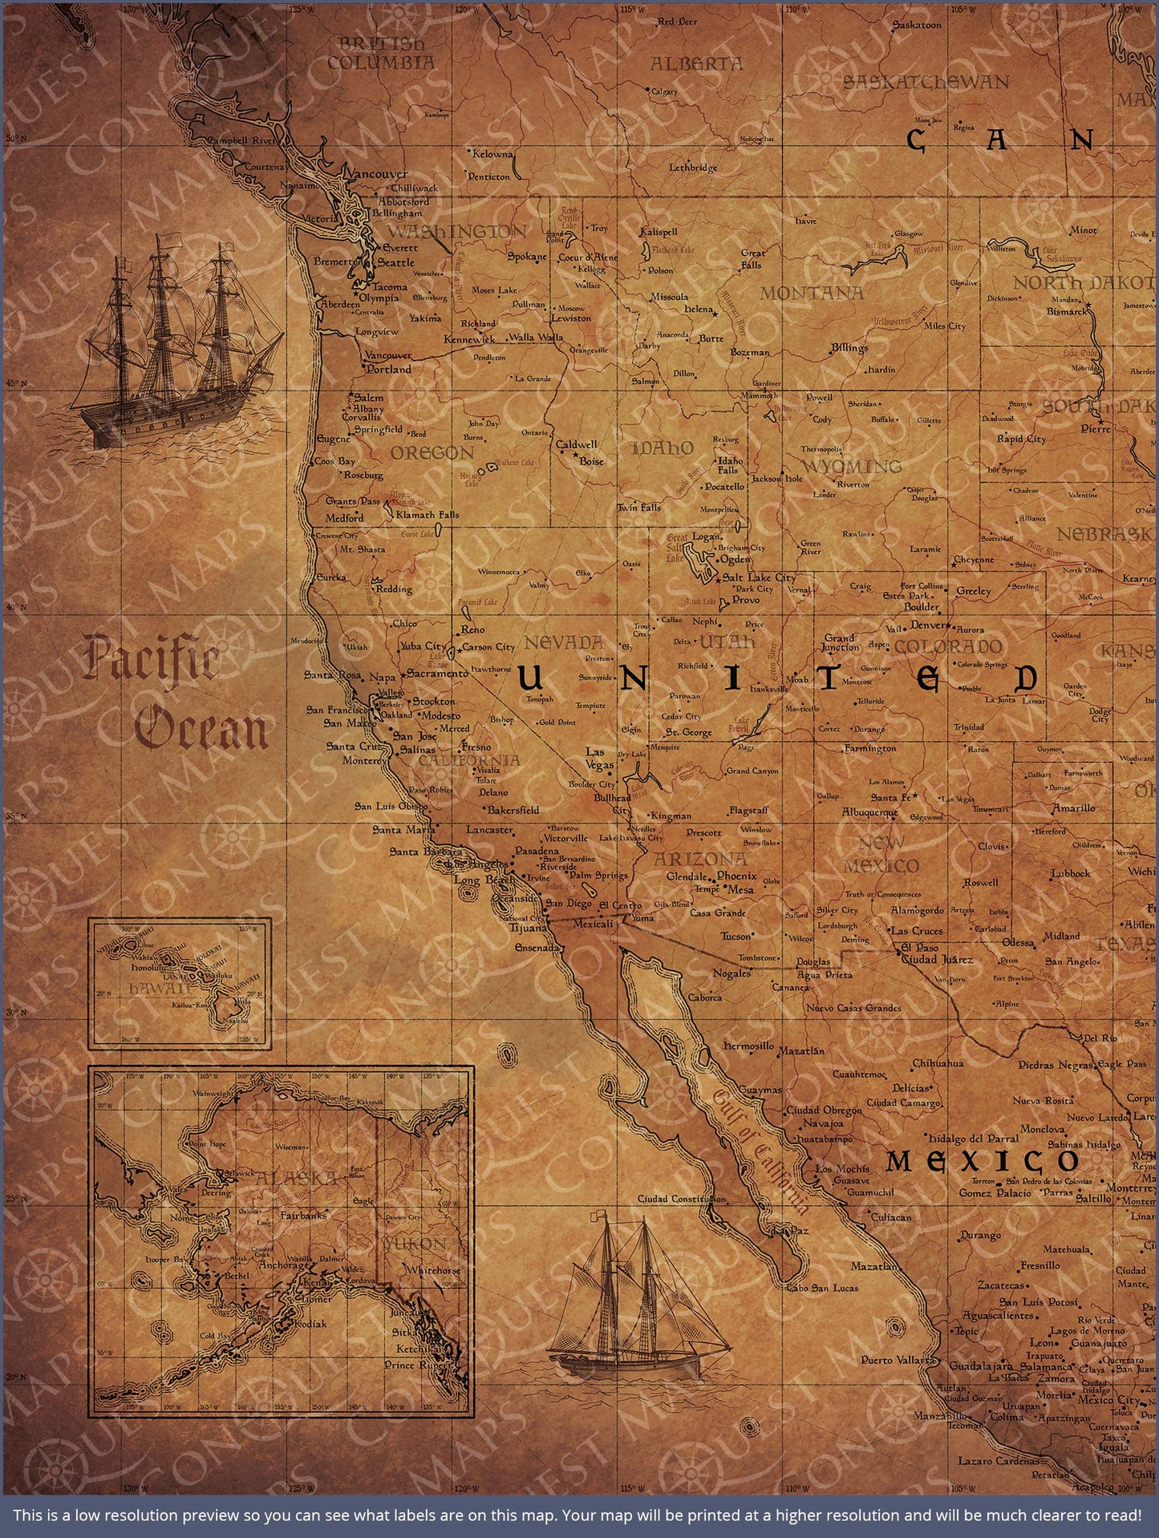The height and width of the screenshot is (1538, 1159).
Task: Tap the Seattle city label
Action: [396, 262]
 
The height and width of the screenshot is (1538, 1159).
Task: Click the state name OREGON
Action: [432, 453]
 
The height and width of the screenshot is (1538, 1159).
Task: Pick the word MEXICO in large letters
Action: [983, 1160]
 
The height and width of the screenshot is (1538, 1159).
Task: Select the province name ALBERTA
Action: [696, 64]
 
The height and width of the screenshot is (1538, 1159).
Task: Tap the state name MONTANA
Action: [811, 293]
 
